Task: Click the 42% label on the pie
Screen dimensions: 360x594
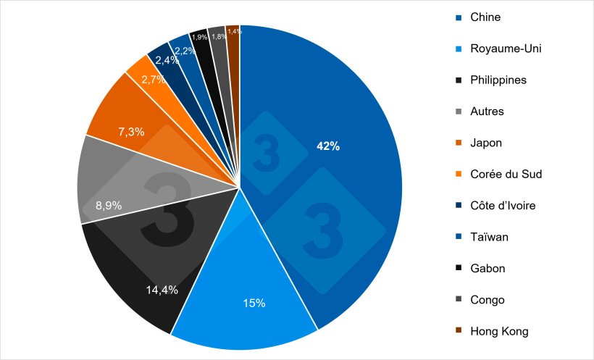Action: pyautogui.click(x=327, y=146)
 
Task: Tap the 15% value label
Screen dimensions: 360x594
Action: pyautogui.click(x=255, y=303)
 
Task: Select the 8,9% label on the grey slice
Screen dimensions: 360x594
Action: pyautogui.click(x=109, y=205)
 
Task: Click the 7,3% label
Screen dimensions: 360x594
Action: pyautogui.click(x=131, y=132)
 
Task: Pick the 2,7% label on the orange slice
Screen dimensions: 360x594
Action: pyautogui.click(x=152, y=80)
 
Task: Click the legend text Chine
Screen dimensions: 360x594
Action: pyautogui.click(x=485, y=17)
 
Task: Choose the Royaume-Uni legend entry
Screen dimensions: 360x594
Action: pyautogui.click(x=506, y=49)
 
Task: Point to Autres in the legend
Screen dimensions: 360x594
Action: pyautogui.click(x=487, y=112)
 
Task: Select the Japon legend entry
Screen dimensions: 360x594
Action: pyautogui.click(x=485, y=143)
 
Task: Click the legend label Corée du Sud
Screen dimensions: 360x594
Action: pyautogui.click(x=506, y=175)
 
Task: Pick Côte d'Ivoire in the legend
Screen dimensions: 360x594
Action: pyautogui.click(x=503, y=206)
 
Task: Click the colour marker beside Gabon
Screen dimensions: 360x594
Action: pyautogui.click(x=458, y=269)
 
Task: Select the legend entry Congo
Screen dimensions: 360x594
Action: pyautogui.click(x=487, y=300)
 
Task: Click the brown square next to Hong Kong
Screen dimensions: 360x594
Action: pyautogui.click(x=458, y=332)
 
